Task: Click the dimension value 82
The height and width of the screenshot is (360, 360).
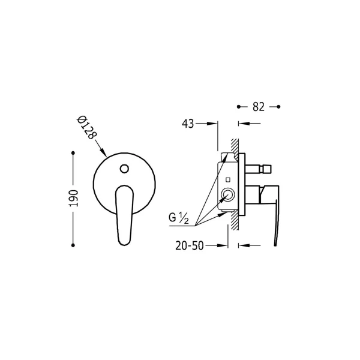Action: [259, 107]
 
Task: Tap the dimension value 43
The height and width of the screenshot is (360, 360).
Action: [188, 124]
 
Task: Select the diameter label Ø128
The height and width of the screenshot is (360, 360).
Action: [86, 128]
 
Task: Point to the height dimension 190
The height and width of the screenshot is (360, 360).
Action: [74, 199]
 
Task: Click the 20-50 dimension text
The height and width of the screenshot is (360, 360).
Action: [190, 245]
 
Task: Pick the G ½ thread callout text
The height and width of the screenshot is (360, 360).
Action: [179, 218]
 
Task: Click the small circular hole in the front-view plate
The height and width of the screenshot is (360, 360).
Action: [124, 169]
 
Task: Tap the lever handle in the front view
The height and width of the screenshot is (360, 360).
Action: [124, 215]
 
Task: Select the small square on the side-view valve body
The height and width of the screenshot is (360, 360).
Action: [228, 180]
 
